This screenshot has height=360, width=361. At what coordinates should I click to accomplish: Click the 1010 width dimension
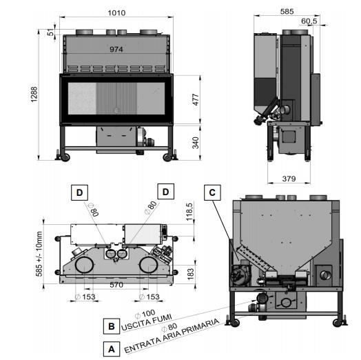pyautogui.click(x=116, y=13)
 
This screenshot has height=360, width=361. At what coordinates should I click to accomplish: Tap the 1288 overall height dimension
pyautogui.click(x=34, y=94)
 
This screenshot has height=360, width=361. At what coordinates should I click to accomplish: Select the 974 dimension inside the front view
pyautogui.click(x=116, y=49)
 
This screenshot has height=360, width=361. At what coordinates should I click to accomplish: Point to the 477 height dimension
pyautogui.click(x=196, y=99)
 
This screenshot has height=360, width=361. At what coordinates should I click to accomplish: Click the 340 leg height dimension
pyautogui.click(x=196, y=143)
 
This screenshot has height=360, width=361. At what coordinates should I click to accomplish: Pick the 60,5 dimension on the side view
pyautogui.click(x=309, y=21)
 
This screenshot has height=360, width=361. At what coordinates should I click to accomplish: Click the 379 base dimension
pyautogui.click(x=289, y=179)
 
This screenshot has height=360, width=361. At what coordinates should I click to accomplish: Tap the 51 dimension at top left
pyautogui.click(x=51, y=32)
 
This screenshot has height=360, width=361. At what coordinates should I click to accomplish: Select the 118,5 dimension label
pyautogui.click(x=189, y=212)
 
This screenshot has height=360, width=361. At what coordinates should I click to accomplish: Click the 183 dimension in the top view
pyautogui.click(x=191, y=274)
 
